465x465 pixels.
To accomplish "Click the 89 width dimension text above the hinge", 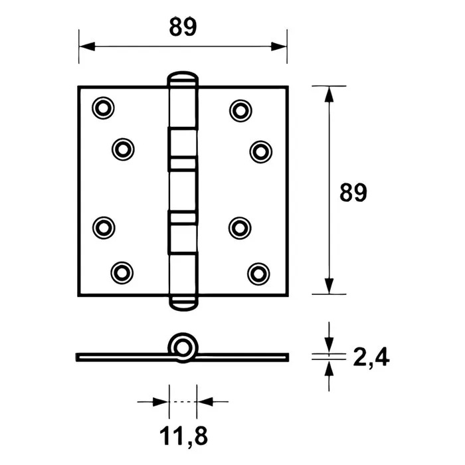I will click(183, 28).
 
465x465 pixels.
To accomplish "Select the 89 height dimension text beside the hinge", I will click(353, 193).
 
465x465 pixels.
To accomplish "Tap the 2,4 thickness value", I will click(367, 358).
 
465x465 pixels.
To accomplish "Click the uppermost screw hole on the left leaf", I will click(103, 108).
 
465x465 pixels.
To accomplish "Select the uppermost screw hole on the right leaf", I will click(240, 108).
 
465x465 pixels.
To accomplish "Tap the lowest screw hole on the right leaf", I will click(259, 272).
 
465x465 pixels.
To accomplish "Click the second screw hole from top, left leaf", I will click(122, 149).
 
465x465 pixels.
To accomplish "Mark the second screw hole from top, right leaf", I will click(260, 150).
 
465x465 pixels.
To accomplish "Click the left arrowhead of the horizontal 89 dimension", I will click(86, 46).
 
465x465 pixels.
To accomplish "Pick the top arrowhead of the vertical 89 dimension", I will click(328, 94).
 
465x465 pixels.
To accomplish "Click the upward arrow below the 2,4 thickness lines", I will click(328, 368).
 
